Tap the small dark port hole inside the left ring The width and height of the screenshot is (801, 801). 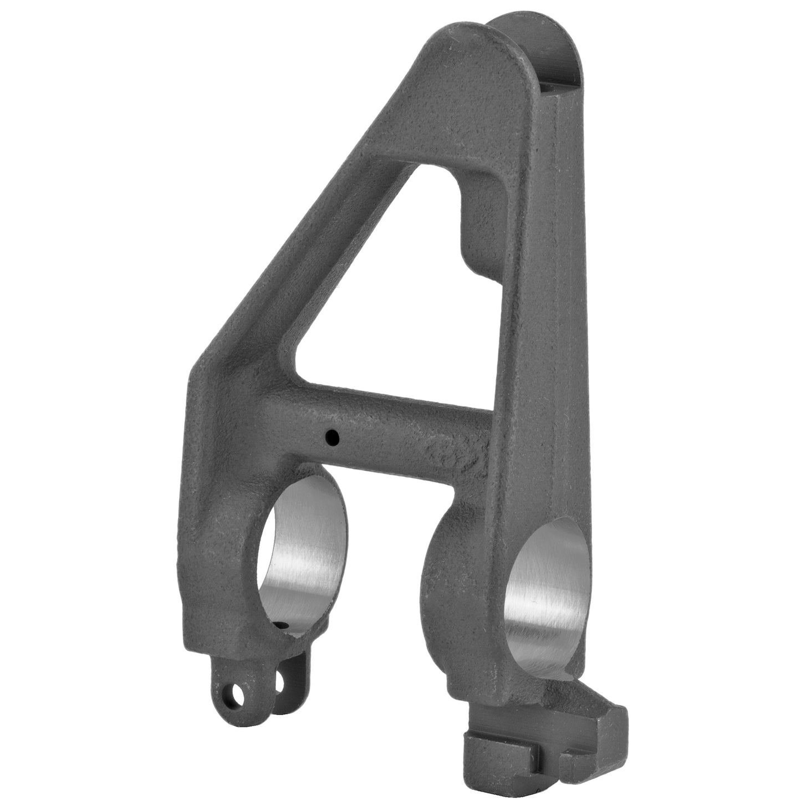pos(283,624)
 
